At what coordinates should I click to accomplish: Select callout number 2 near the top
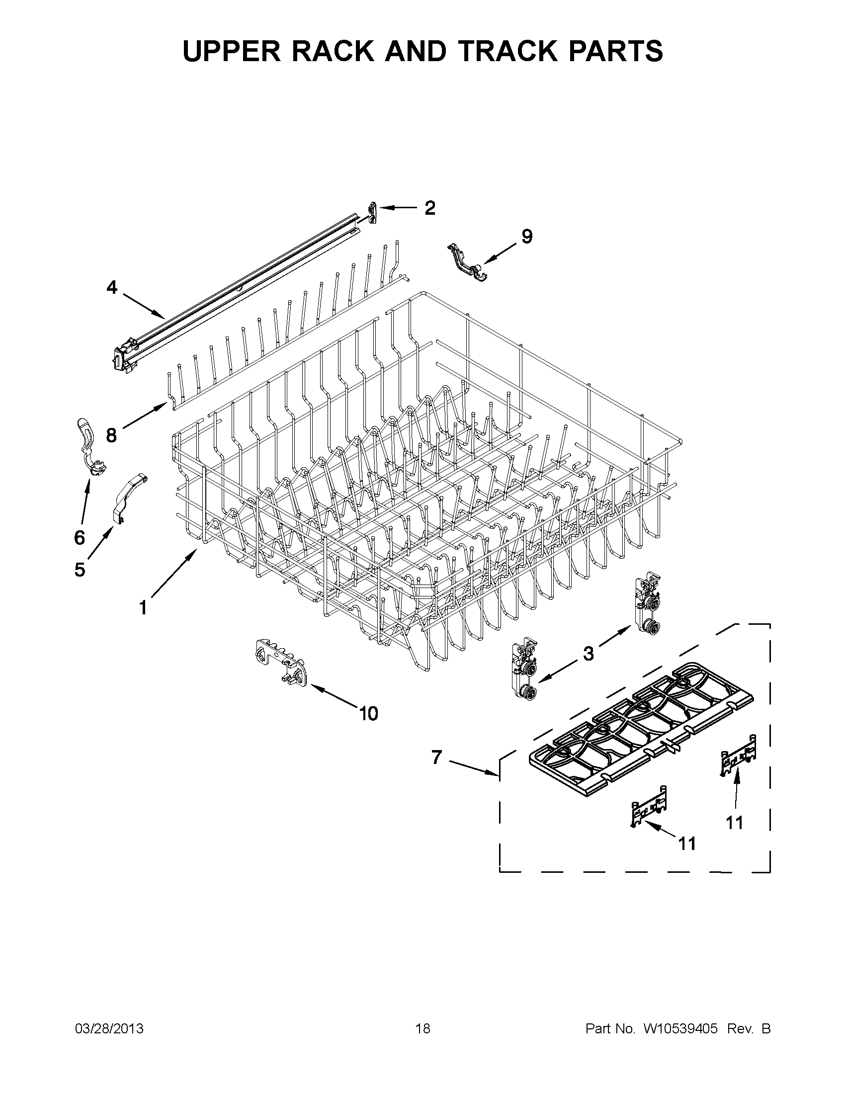[430, 207]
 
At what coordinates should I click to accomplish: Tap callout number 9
[526, 236]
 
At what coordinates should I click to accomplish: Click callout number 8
[111, 435]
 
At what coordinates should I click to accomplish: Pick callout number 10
[368, 713]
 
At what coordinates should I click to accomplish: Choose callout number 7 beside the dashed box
[437, 757]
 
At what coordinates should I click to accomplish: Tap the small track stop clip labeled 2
[371, 212]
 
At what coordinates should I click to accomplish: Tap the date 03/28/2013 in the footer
[109, 1028]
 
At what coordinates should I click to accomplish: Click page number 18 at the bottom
[422, 1028]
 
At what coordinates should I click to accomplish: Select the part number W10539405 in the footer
[680, 1028]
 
